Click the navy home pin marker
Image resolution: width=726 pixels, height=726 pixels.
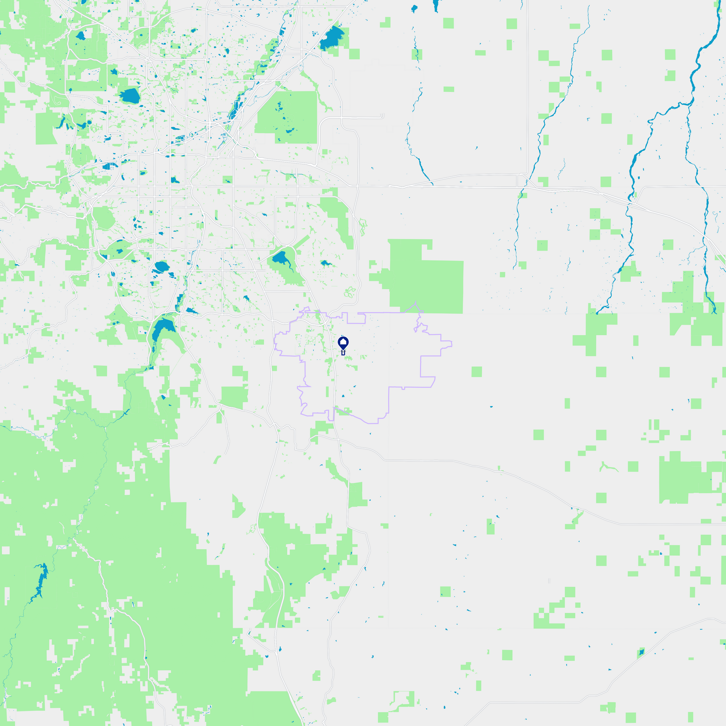[343, 344]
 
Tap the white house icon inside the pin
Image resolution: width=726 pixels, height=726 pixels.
[343, 343]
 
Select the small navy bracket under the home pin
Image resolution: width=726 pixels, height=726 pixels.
[343, 353]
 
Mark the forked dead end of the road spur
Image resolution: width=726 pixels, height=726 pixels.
[382, 117]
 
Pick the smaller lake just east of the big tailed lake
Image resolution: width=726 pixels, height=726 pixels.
[325, 263]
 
